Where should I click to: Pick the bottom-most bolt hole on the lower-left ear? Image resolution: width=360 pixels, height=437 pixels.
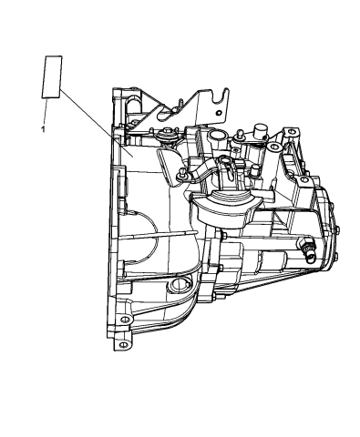click(121, 345)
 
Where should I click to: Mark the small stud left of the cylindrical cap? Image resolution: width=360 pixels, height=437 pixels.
click(238, 138)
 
